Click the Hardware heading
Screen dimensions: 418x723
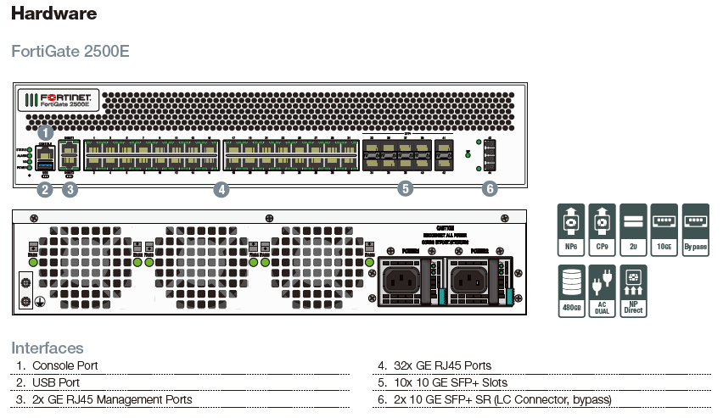pyautogui.click(x=53, y=14)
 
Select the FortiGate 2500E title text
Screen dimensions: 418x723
pyautogui.click(x=70, y=51)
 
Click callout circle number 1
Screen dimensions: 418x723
pyautogui.click(x=46, y=132)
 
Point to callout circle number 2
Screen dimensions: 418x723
pyautogui.click(x=46, y=190)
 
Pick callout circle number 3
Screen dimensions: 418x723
pyautogui.click(x=70, y=190)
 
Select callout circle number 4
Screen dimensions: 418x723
pyautogui.click(x=221, y=190)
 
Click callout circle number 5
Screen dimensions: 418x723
pyautogui.click(x=406, y=189)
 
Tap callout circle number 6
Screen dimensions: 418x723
pyautogui.click(x=489, y=189)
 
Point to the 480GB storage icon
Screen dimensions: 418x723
pyautogui.click(x=572, y=290)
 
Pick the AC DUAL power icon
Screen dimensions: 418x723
pyautogui.click(x=602, y=290)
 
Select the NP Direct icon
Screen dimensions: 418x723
pyautogui.click(x=633, y=290)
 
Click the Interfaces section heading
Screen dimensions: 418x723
pyautogui.click(x=48, y=348)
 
